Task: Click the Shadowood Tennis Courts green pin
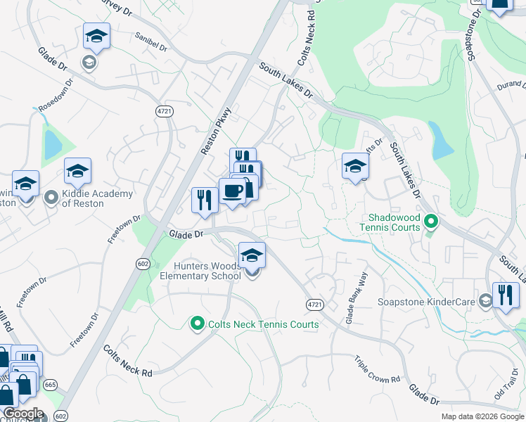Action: (x=432, y=223)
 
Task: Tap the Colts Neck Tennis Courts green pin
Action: (x=198, y=324)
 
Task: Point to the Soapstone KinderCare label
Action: (x=437, y=302)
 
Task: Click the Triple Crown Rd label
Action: (x=377, y=369)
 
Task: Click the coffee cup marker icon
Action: (x=232, y=190)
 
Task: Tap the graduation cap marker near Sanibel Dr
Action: (x=97, y=37)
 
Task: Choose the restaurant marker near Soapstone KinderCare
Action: (x=506, y=295)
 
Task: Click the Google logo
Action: (x=23, y=414)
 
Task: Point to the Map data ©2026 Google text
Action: (x=482, y=416)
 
